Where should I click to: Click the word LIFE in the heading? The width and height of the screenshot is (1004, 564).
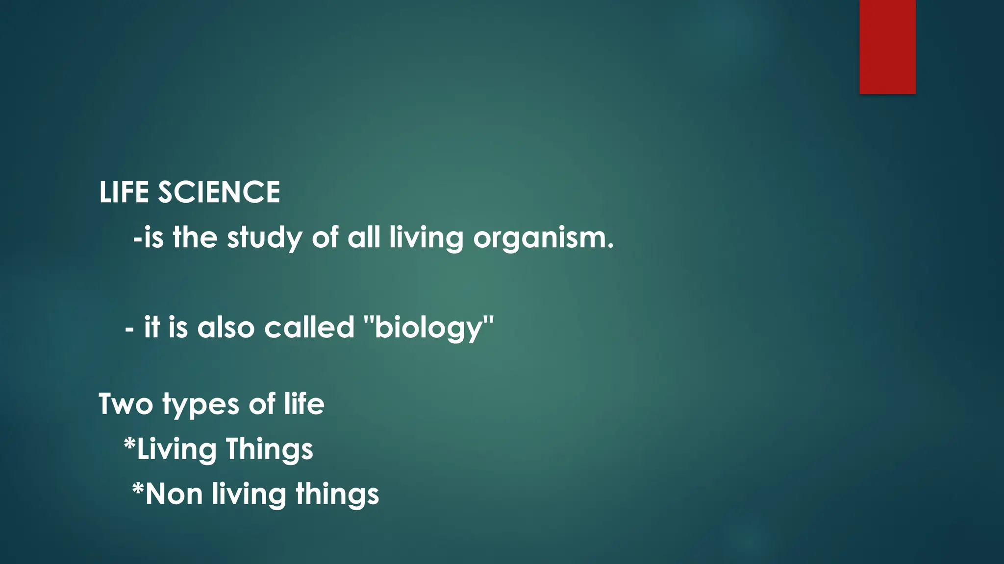click(124, 192)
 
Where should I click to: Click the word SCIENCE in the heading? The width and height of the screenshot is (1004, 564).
click(219, 192)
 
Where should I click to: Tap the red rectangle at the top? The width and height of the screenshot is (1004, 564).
click(887, 47)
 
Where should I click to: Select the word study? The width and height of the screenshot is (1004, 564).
click(265, 238)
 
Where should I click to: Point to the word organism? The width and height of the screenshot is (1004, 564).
click(543, 238)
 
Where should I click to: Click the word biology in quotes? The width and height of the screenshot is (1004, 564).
click(429, 328)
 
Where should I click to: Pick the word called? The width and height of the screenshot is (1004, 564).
click(309, 328)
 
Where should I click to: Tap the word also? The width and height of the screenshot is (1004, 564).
click(226, 328)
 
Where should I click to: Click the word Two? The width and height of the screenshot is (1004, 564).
click(126, 404)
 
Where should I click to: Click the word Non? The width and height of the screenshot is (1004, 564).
click(174, 494)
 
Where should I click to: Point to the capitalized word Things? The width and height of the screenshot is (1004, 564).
click(269, 449)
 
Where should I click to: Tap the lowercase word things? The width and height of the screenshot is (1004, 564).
click(337, 494)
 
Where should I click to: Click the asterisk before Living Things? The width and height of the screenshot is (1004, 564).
click(129, 444)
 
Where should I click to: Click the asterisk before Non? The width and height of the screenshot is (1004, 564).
click(138, 488)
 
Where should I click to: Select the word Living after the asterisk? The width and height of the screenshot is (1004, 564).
click(176, 449)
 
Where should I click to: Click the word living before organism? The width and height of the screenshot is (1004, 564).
click(426, 238)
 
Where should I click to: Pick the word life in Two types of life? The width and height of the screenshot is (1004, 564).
click(304, 404)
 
